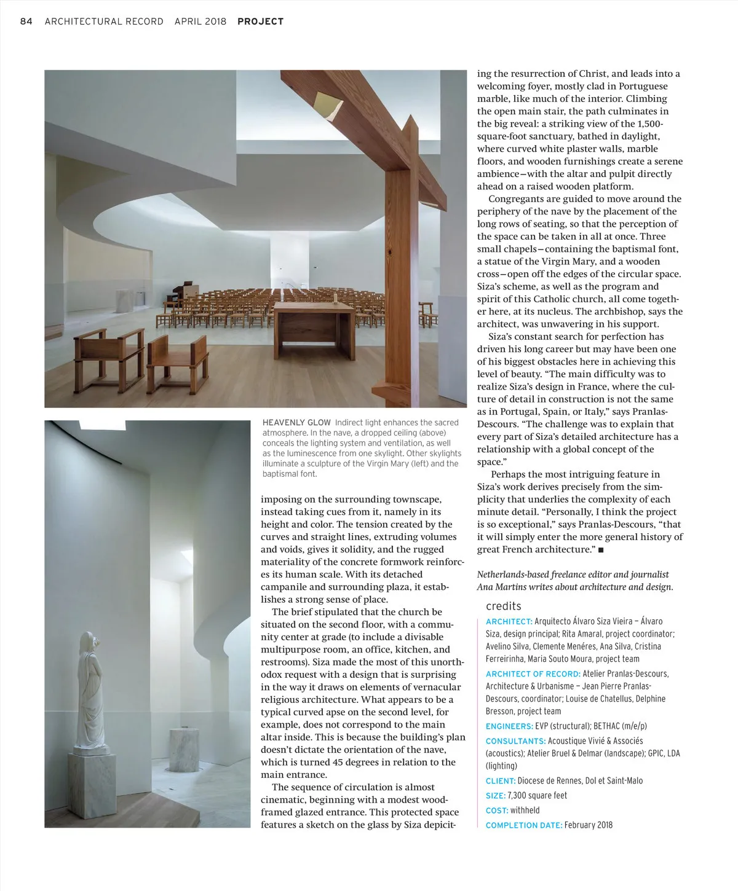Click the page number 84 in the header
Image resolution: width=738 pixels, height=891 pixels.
point(26,22)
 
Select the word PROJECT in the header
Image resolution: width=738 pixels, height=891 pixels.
point(260,22)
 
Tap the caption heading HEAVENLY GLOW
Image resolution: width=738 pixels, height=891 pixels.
point(296,423)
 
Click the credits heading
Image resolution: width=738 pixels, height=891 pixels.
point(503,606)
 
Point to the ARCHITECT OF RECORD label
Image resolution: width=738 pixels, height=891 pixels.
point(533,673)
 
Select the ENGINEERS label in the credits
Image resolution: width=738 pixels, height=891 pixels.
point(509,726)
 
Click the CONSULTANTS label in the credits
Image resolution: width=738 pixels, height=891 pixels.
point(515,741)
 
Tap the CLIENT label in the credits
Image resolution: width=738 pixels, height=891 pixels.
point(500,781)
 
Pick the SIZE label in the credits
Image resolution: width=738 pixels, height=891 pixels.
point(496,796)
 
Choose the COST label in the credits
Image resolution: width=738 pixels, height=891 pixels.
point(496,811)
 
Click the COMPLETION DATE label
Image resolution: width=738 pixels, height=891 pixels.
point(523,825)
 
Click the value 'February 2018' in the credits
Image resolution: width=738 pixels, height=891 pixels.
point(589,825)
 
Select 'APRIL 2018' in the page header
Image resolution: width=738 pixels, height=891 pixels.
point(200,22)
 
